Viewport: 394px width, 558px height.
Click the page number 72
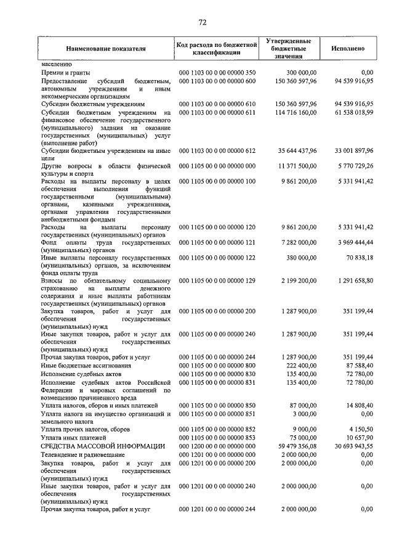pyautogui.click(x=202, y=23)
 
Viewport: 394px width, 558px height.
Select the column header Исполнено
pyautogui.click(x=347, y=48)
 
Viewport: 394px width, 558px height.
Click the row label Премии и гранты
pyautogui.click(x=66, y=73)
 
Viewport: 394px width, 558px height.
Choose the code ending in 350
pyautogui.click(x=217, y=73)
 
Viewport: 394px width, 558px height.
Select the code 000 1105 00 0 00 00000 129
pyautogui.click(x=217, y=281)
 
